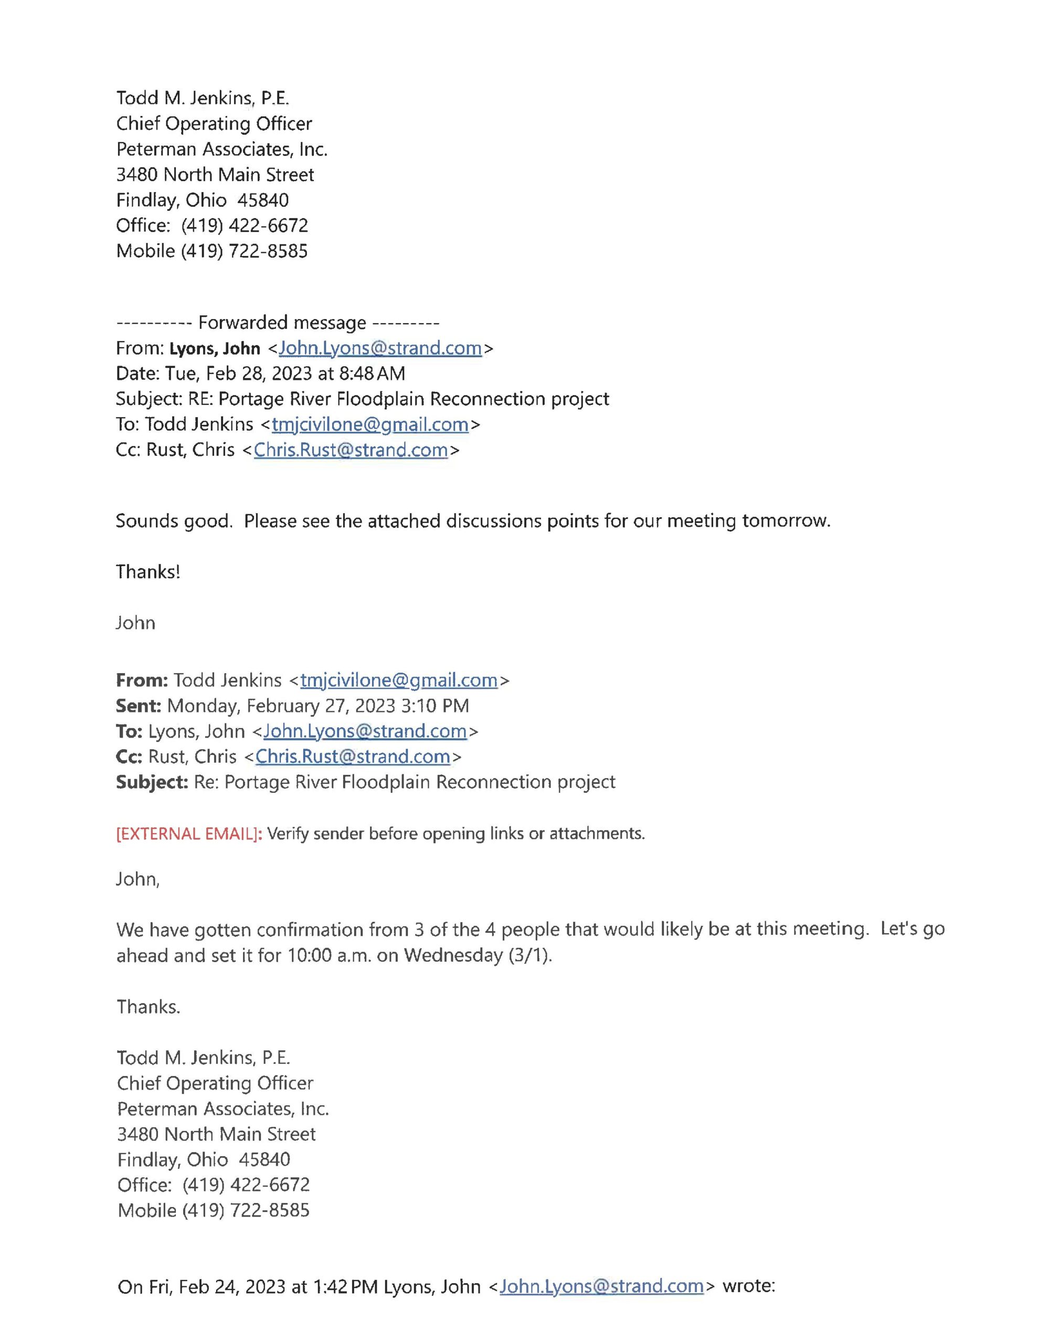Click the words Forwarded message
(281, 323)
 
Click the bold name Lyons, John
(214, 349)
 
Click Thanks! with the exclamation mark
(147, 572)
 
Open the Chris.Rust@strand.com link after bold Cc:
(353, 756)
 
